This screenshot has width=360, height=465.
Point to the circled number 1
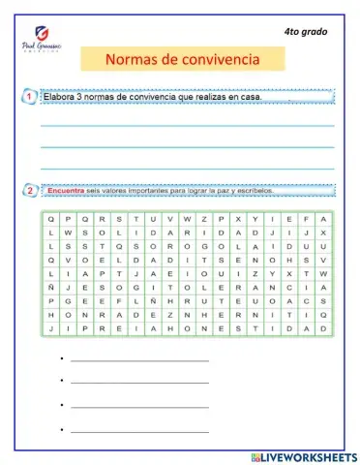30,97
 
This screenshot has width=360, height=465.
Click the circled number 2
30,191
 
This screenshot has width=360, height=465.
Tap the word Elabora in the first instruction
61,97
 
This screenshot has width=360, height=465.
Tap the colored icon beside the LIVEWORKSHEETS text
254,454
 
